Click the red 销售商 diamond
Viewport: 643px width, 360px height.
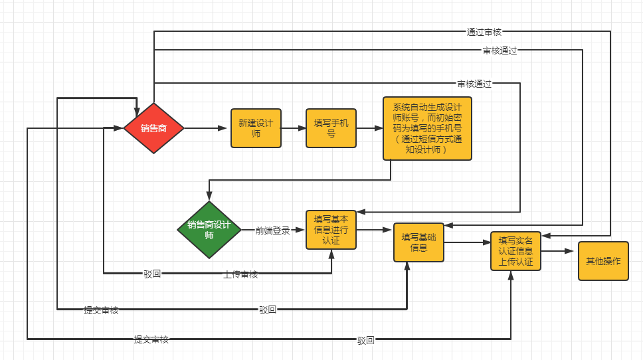pyautogui.click(x=153, y=128)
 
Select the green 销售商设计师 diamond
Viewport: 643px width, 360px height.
pyautogui.click(x=209, y=230)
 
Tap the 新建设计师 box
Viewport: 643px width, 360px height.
pyautogui.click(x=256, y=128)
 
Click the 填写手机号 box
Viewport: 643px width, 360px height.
pyautogui.click(x=331, y=128)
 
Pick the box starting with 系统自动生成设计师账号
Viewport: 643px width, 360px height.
pyautogui.click(x=427, y=128)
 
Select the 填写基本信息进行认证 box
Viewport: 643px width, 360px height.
pyautogui.click(x=331, y=230)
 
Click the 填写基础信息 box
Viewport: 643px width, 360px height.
pyautogui.click(x=418, y=242)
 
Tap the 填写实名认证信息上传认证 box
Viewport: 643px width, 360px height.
pyautogui.click(x=516, y=251)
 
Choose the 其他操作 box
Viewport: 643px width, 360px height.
pyautogui.click(x=603, y=261)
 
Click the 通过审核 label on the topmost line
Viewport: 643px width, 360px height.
pyautogui.click(x=484, y=31)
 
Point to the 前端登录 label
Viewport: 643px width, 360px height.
pyautogui.click(x=273, y=230)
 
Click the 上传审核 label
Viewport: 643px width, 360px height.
pyautogui.click(x=240, y=274)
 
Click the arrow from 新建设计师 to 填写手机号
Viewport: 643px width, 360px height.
pyautogui.click(x=293, y=128)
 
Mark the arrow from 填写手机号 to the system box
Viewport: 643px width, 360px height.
pyautogui.click(x=369, y=128)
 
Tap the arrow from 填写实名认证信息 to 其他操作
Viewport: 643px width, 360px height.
pyautogui.click(x=559, y=252)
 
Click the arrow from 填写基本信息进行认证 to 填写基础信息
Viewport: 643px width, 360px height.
pyautogui.click(x=375, y=230)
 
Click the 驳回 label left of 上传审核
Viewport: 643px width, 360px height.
pyautogui.click(x=152, y=274)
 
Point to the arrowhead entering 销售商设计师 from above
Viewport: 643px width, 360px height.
pyautogui.click(x=209, y=197)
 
